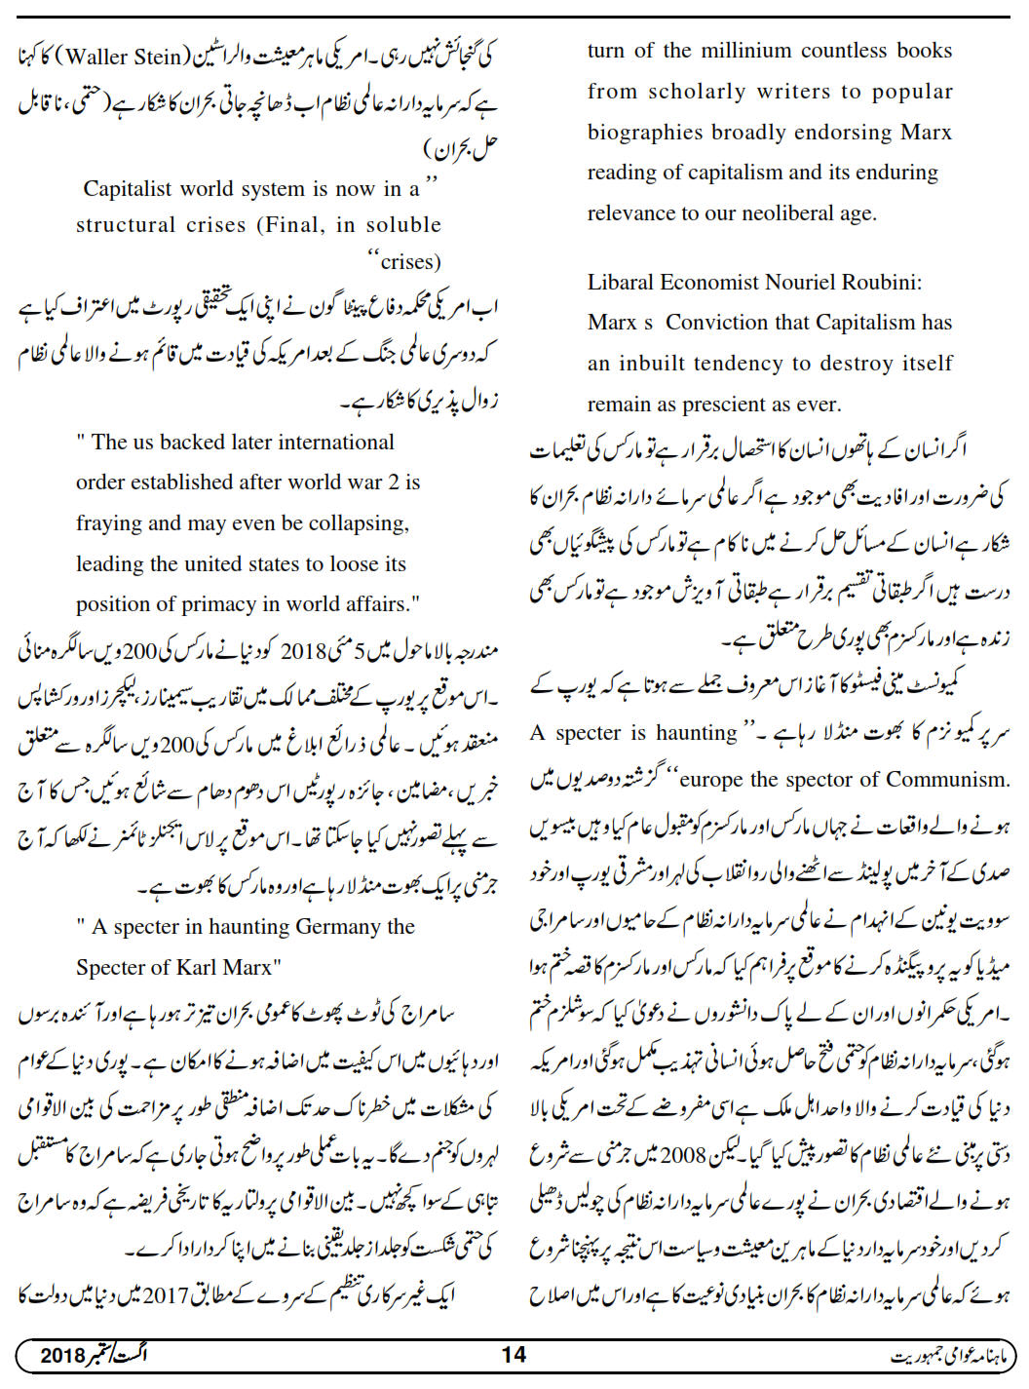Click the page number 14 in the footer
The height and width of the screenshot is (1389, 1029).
click(514, 1355)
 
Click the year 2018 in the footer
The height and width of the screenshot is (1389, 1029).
click(63, 1355)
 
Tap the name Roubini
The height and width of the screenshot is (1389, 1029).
click(880, 283)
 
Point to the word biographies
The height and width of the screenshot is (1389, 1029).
click(645, 133)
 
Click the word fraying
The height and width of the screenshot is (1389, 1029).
click(109, 523)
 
